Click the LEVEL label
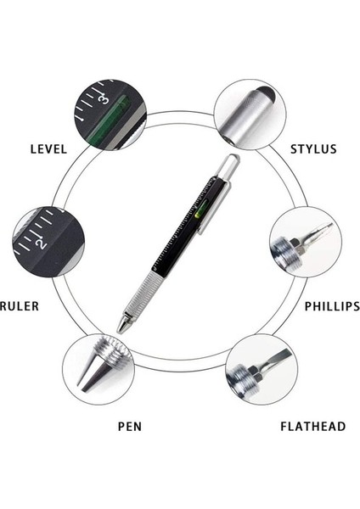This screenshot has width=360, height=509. pos(48,148)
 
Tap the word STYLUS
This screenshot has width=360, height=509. pos(313,148)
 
